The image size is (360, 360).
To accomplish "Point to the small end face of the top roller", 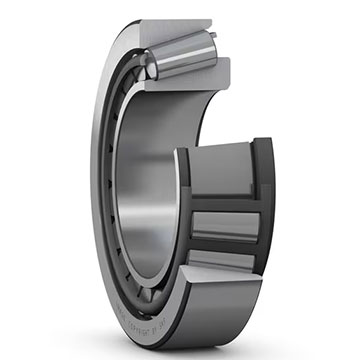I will tap(147, 68).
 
